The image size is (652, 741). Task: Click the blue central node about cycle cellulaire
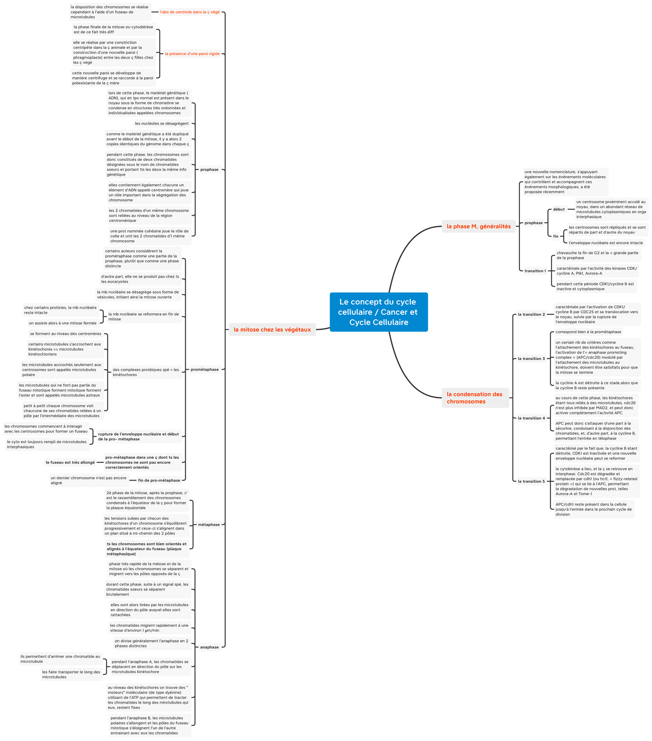(379, 312)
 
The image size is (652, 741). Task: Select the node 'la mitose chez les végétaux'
(272, 329)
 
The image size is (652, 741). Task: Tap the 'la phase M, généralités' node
(479, 226)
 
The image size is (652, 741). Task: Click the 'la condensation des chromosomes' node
(475, 398)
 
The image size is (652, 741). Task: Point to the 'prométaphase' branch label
(204, 370)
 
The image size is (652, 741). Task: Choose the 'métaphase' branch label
(209, 525)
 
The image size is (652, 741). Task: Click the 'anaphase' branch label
(209, 647)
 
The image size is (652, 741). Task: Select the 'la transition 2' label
(531, 314)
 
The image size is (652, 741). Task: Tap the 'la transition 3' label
(531, 358)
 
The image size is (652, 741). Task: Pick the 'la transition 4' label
(531, 418)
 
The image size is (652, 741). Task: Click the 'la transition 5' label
(531, 481)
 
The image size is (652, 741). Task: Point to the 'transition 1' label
(535, 271)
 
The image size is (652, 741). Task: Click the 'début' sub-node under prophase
(559, 209)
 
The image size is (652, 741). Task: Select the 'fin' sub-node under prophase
(555, 236)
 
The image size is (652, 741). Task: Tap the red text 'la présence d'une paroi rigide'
(192, 54)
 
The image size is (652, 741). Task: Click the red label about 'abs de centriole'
(190, 12)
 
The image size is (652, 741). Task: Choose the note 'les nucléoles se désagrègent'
(162, 123)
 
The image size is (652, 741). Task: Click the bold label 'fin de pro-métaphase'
(159, 480)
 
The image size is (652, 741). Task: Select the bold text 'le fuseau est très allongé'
(70, 462)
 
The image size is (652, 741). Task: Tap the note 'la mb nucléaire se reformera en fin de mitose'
(143, 316)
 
